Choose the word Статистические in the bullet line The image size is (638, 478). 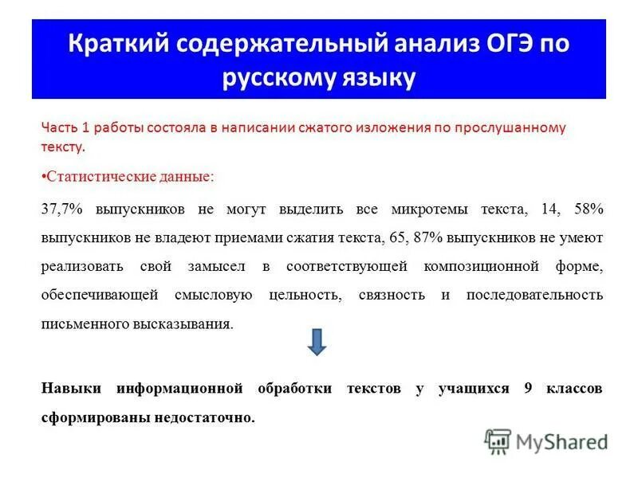tap(92, 175)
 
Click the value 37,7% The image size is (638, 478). tap(62, 209)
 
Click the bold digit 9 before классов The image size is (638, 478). tap(528, 388)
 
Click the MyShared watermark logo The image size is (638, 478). tap(546, 441)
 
